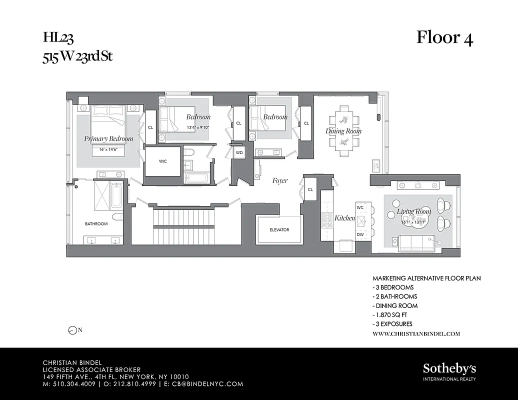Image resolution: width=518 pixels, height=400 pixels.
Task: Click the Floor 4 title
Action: [x=444, y=38]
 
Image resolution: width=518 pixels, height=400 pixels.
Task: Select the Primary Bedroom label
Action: [x=108, y=138]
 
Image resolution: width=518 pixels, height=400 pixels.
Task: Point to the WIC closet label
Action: [x=162, y=161]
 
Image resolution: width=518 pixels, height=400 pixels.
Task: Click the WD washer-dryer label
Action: [x=239, y=152]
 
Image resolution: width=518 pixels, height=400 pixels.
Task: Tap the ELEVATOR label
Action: [x=279, y=230]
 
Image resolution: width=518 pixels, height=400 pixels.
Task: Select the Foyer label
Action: [x=280, y=180]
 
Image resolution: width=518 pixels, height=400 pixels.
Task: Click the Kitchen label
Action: [x=344, y=218]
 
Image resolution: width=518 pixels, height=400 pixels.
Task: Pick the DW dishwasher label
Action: [x=360, y=234]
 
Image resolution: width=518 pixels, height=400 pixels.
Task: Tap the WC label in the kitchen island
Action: [x=360, y=207]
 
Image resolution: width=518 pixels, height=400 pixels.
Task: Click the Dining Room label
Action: [x=343, y=131]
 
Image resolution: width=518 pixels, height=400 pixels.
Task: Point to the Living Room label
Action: [x=414, y=212]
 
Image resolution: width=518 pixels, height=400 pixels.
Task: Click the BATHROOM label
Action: [x=96, y=224]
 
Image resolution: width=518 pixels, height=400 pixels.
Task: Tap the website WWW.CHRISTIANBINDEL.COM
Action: [x=416, y=333]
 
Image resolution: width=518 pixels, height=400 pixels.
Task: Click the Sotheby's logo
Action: [x=449, y=369]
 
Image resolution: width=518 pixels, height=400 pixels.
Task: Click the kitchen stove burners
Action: [x=327, y=218]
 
